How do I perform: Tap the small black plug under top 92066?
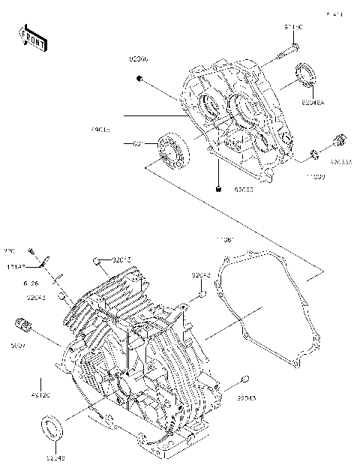[x=138, y=79]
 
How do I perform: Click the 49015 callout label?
[x=100, y=130]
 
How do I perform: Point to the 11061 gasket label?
[x=225, y=239]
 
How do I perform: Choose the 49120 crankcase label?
[x=40, y=394]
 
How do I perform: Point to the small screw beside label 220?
[x=32, y=250]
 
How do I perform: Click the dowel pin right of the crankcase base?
[x=244, y=379]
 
